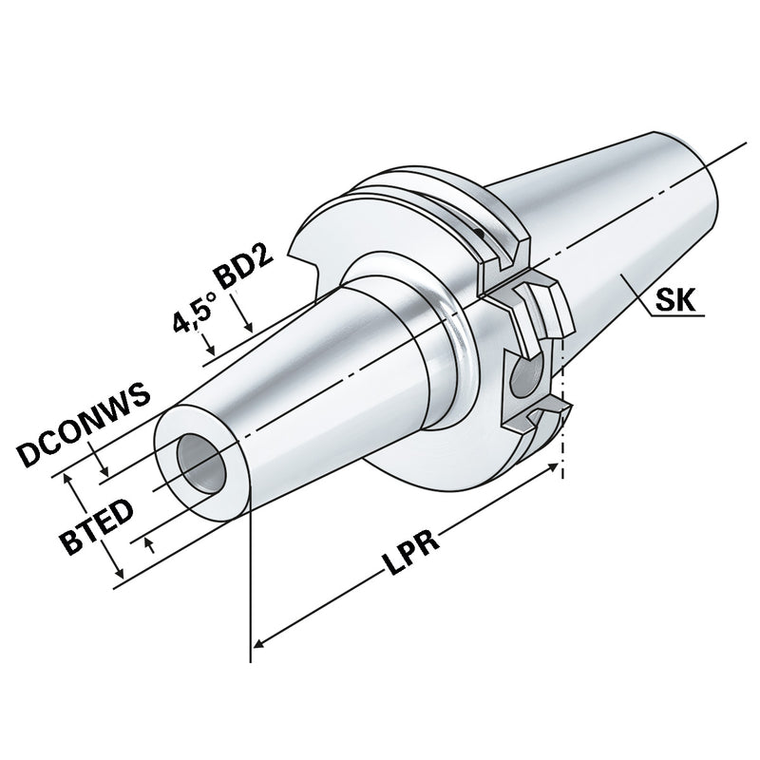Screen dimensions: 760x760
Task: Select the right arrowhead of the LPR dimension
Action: click(556, 469)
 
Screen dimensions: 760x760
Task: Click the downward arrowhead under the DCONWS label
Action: click(107, 471)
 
